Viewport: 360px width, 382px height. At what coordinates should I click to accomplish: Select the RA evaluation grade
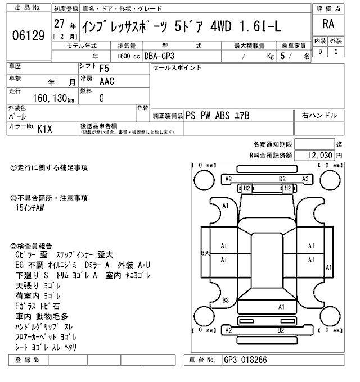pyautogui.click(x=327, y=24)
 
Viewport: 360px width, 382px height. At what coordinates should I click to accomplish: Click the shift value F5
pyautogui.click(x=105, y=69)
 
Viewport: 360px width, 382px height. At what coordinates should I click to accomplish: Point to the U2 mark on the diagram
pyautogui.click(x=280, y=330)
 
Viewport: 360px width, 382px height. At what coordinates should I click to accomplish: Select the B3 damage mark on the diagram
pyautogui.click(x=225, y=299)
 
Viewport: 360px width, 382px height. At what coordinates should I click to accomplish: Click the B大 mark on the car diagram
pyautogui.click(x=205, y=253)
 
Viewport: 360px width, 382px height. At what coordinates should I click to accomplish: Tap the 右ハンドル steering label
pyautogui.click(x=319, y=116)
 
